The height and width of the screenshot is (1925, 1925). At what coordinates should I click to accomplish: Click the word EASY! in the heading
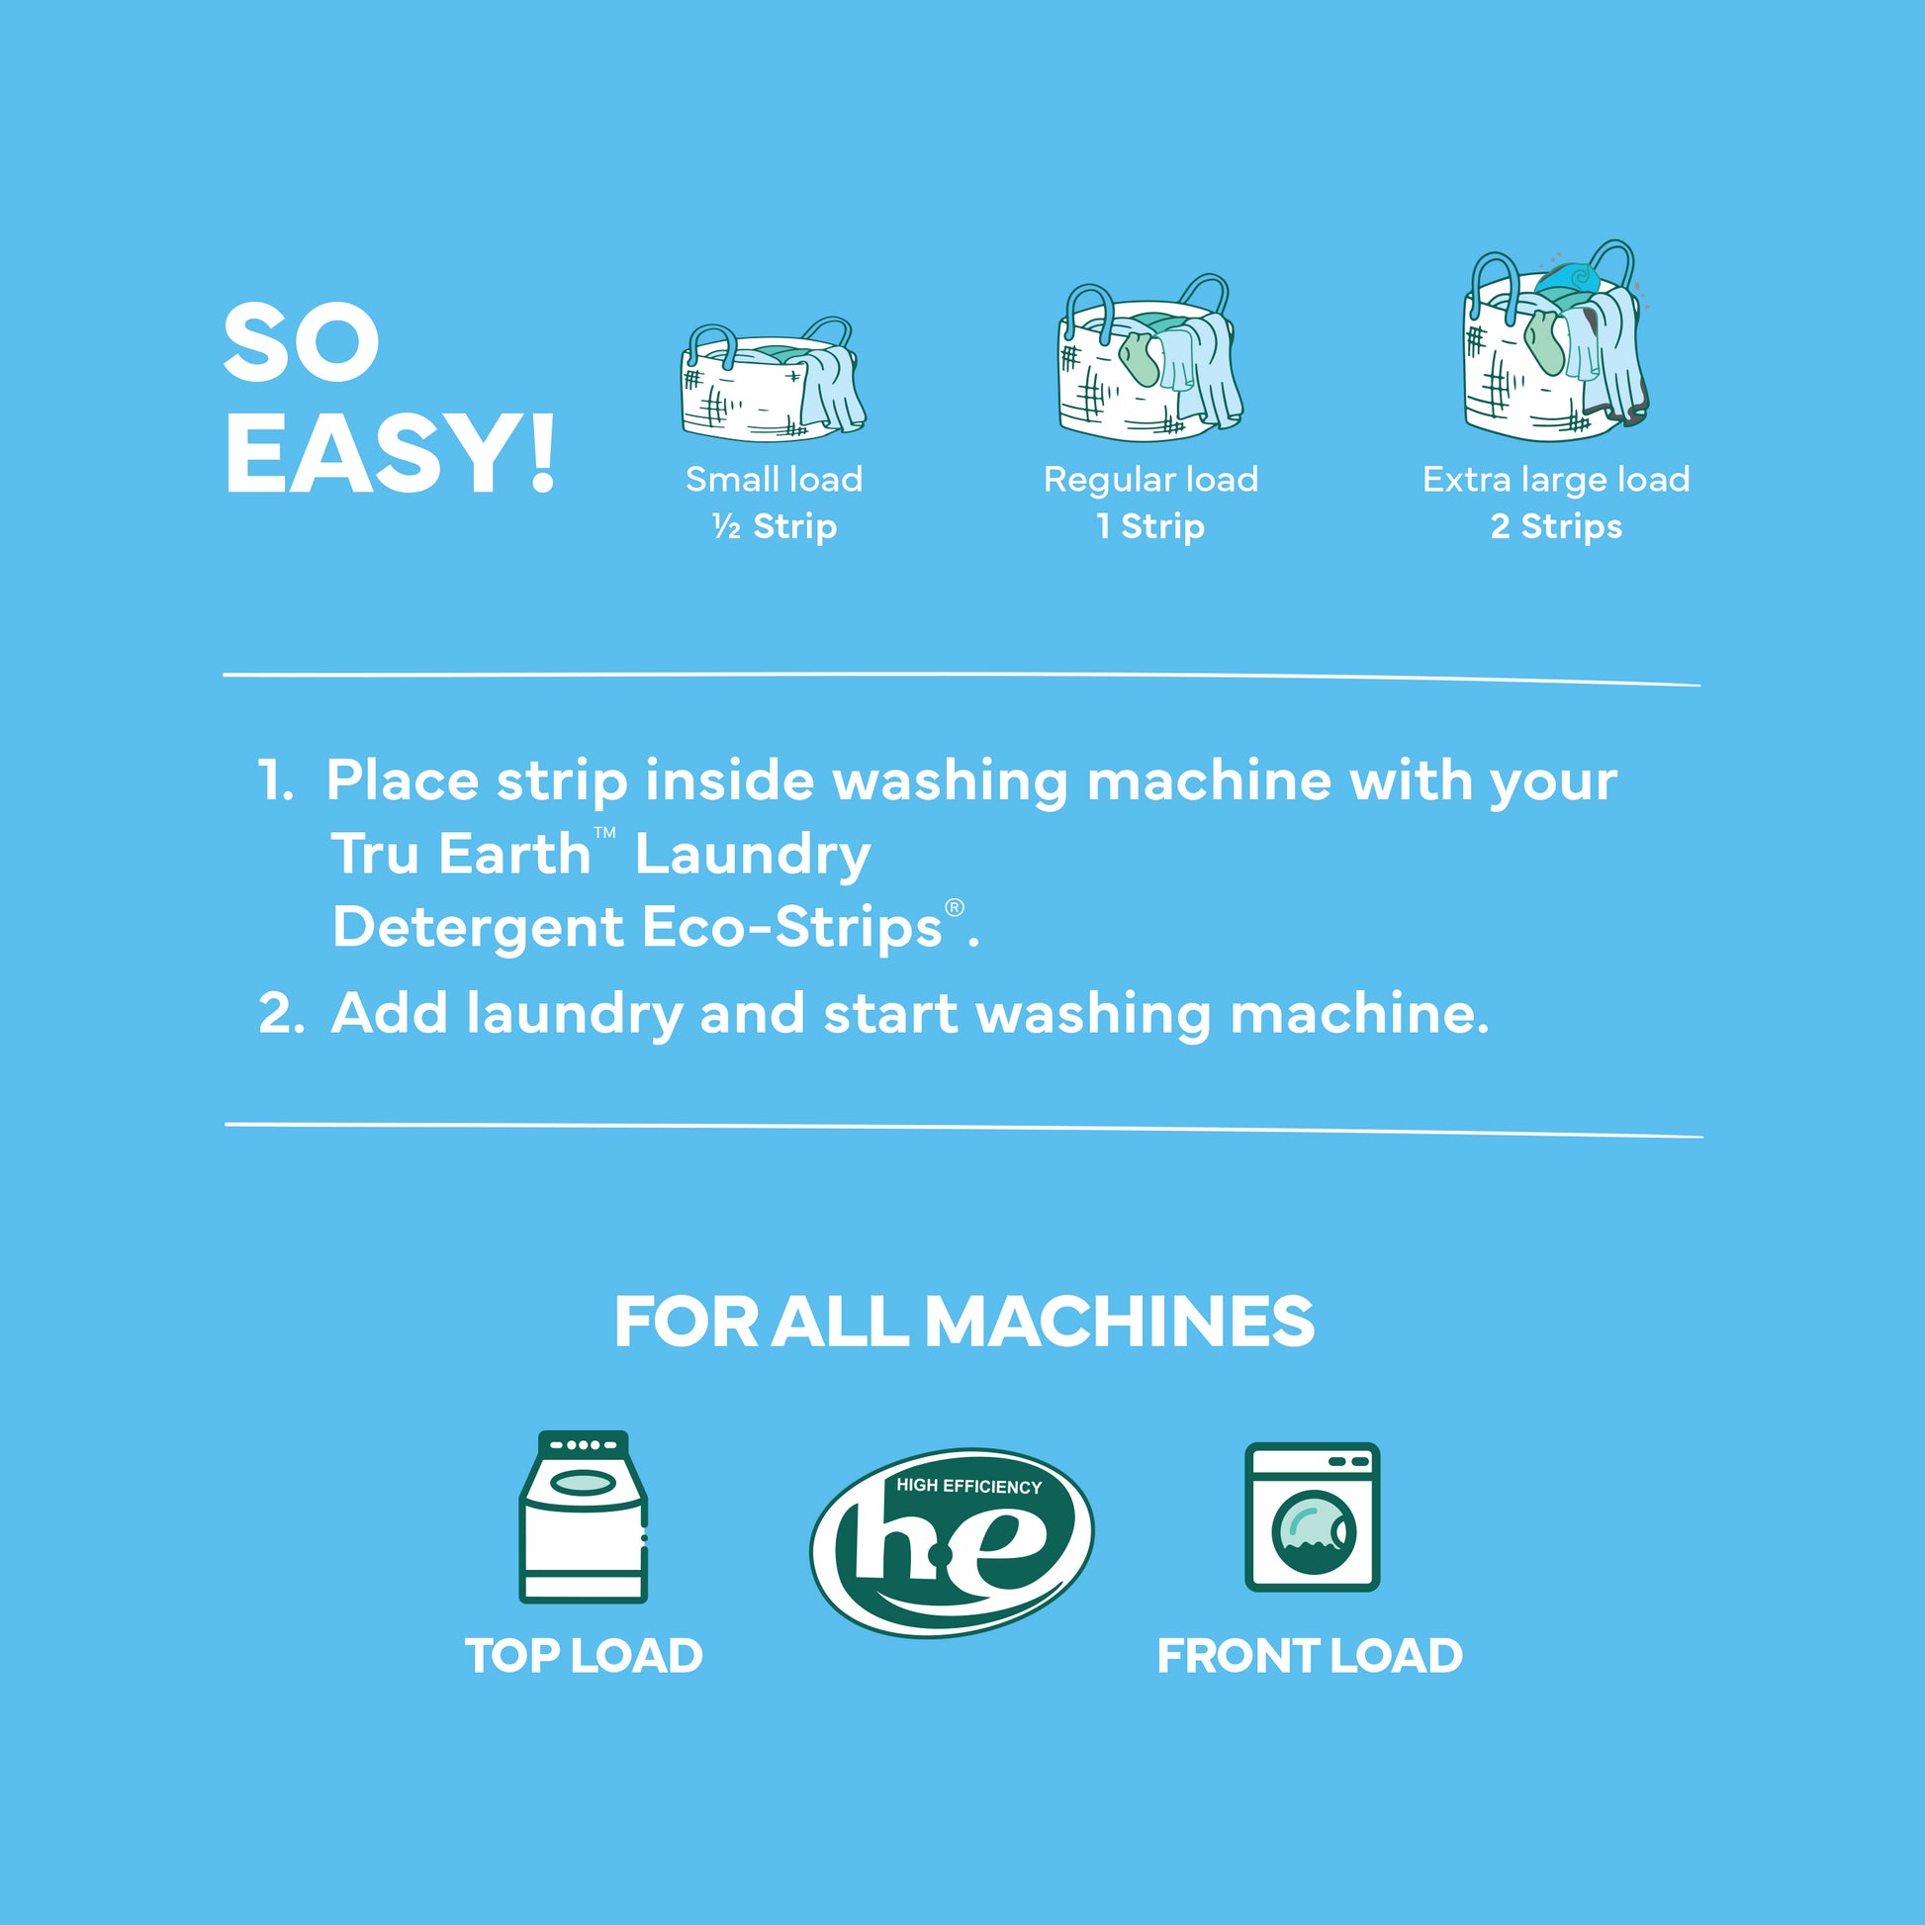point(390,453)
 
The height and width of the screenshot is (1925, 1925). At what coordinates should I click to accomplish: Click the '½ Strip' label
point(775,526)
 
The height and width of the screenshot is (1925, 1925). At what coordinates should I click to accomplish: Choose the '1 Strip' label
point(1149,526)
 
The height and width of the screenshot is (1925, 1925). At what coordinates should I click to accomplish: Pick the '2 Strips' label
point(1555,526)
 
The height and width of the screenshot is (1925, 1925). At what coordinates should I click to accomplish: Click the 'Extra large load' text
point(1555,480)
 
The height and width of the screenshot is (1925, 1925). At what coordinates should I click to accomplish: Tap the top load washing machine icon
point(584,1516)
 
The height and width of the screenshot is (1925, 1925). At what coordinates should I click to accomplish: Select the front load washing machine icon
point(1313,1516)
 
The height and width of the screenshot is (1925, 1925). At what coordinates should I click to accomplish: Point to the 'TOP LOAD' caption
point(584,1657)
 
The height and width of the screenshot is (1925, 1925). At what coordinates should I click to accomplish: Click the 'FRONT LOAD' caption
point(1310,1657)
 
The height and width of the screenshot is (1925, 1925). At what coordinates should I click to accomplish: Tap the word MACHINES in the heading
point(1120,1323)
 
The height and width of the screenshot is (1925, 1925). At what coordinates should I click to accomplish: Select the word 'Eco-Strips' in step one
point(792,928)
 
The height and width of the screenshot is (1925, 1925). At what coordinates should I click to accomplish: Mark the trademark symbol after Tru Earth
point(604,832)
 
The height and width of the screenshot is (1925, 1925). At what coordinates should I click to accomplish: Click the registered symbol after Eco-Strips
point(955,908)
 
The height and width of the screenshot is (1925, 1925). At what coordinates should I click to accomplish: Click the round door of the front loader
point(1314,1531)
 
